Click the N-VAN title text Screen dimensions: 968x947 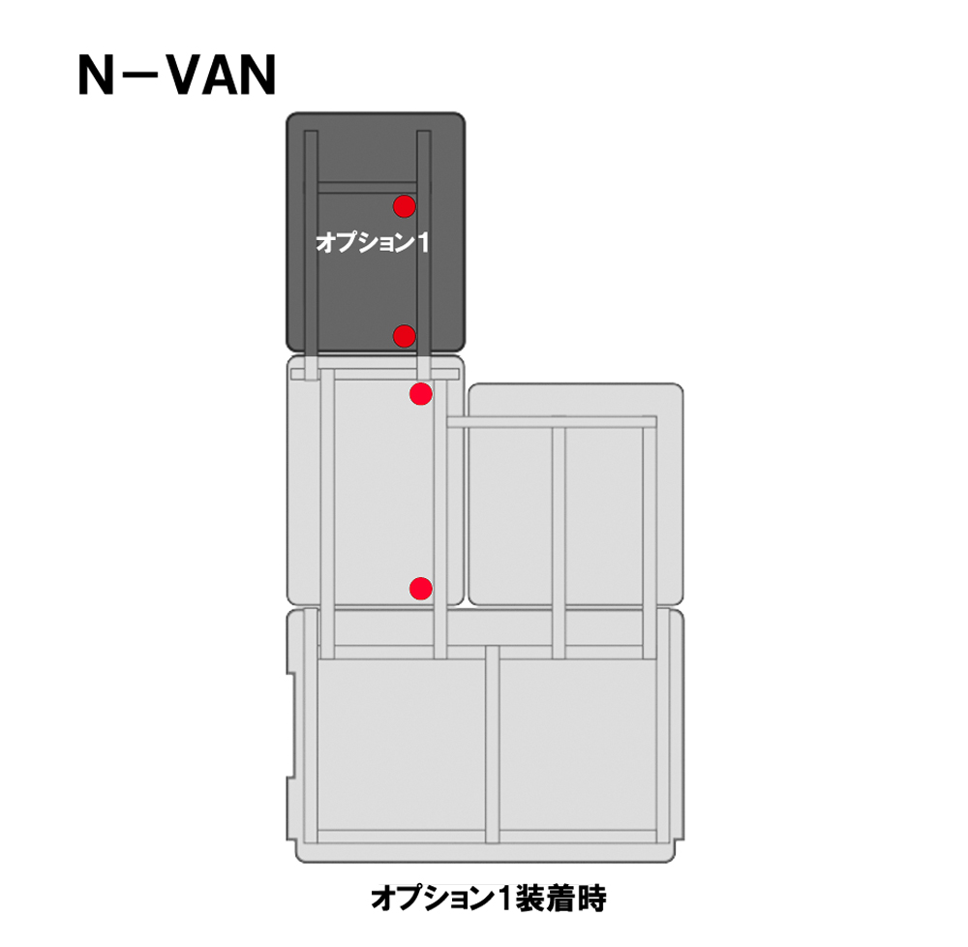[x=176, y=75]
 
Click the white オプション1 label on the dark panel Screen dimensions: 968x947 [x=372, y=242]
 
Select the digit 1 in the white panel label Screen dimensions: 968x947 [x=423, y=242]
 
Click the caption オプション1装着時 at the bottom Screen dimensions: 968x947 [x=488, y=899]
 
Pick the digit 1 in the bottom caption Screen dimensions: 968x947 [x=505, y=900]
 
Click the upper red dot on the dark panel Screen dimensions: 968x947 [x=405, y=206]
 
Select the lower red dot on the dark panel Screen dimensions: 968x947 [x=405, y=336]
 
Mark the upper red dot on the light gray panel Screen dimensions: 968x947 [x=421, y=394]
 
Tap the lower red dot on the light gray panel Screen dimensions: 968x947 [x=421, y=589]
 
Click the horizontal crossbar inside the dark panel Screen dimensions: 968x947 [x=367, y=187]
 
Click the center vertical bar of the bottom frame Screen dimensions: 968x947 [x=492, y=745]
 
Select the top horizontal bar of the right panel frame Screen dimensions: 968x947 [x=552, y=422]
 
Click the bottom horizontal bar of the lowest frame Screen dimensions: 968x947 [x=487, y=838]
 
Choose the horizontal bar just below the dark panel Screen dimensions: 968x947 [x=375, y=374]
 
